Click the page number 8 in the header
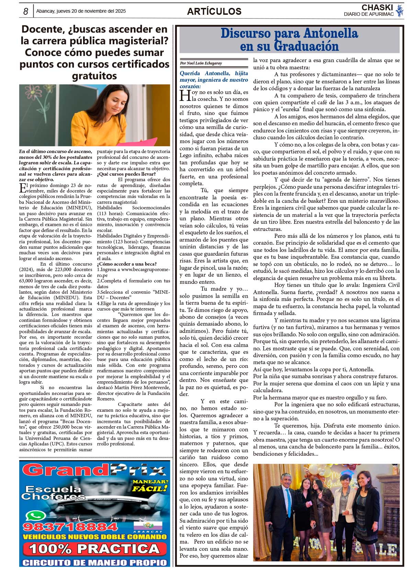26,11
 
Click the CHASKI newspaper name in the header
377,8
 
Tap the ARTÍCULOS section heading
214,11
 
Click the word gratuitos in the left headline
94,75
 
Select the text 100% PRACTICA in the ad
94,549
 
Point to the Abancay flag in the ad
148,525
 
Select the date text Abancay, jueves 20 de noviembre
81,11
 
